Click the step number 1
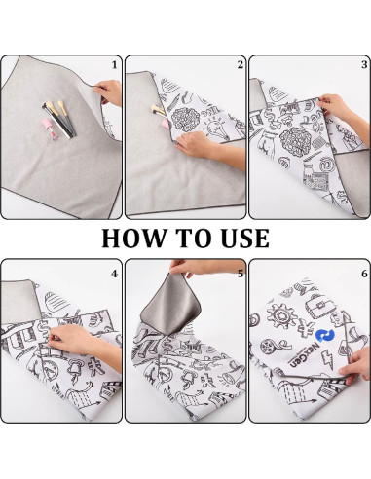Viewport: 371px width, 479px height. click(x=114, y=65)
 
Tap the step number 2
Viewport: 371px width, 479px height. click(x=239, y=65)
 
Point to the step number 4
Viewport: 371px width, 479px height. click(x=114, y=275)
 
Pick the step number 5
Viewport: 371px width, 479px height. click(x=239, y=275)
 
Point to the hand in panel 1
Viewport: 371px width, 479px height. click(x=107, y=92)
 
